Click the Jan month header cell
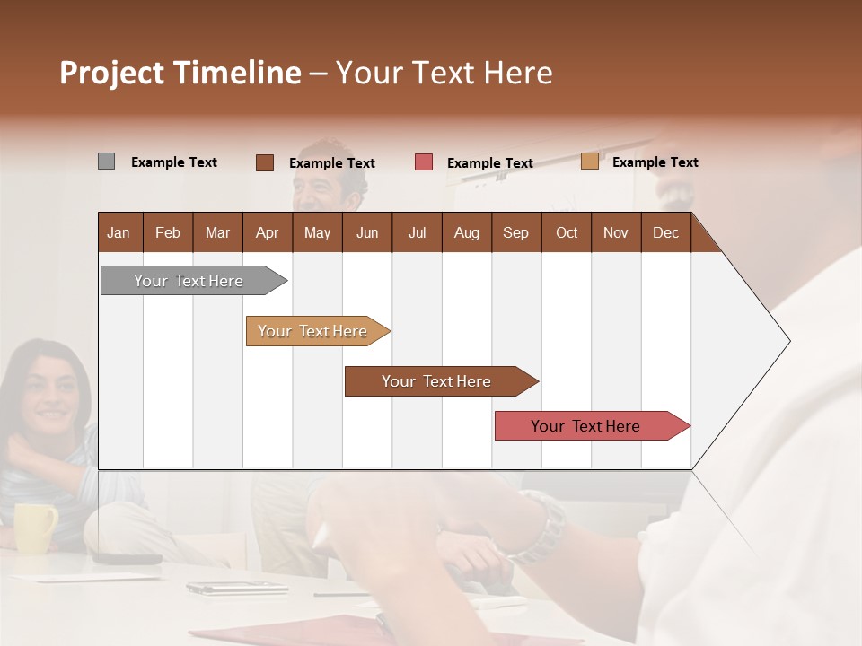119,232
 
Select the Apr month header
268,232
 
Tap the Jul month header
417,232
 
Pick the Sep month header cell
515,232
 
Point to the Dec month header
665,232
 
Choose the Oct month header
567,232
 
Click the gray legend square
106,161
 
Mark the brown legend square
265,162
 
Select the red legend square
424,162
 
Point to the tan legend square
590,161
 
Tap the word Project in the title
111,73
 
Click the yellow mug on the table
34,527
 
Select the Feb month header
168,232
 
